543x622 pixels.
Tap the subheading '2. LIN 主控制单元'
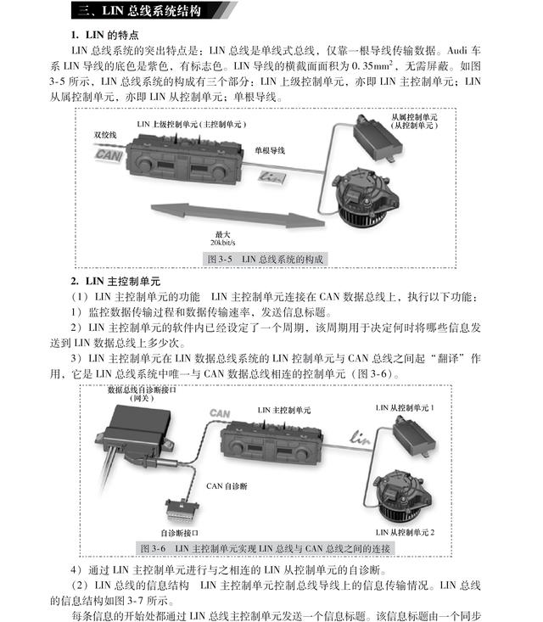[x=115, y=280]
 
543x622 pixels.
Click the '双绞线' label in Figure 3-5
[x=106, y=134]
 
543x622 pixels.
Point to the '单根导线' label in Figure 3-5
[x=270, y=150]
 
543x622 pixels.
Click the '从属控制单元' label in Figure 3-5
[x=414, y=116]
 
